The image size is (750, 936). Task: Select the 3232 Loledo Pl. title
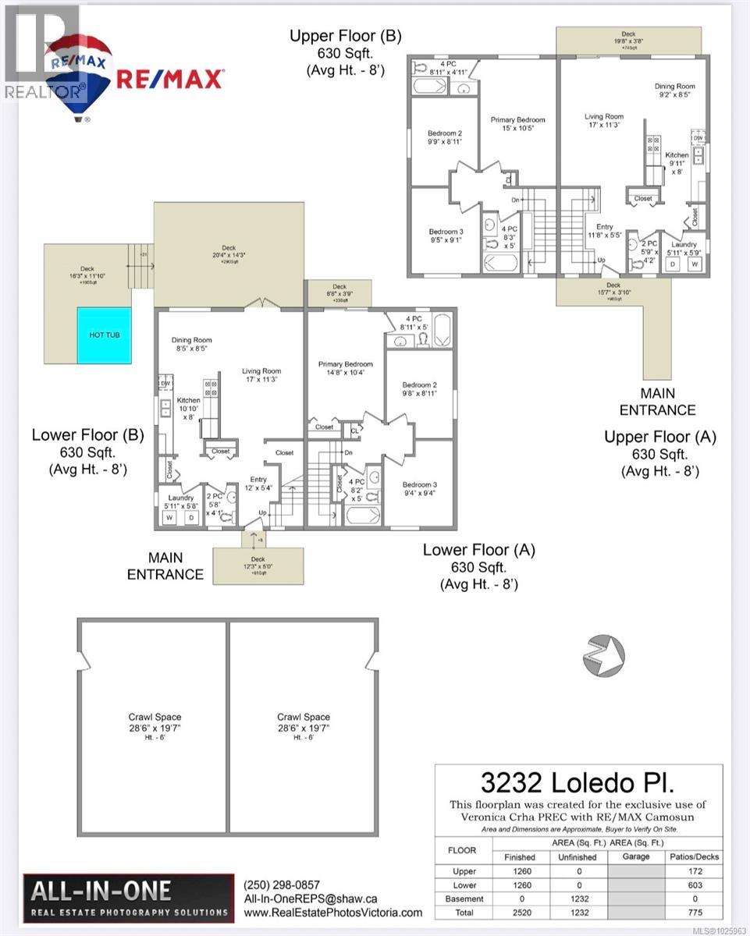(x=578, y=782)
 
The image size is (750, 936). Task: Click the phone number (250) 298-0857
(x=282, y=885)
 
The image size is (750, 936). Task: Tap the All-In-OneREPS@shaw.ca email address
(x=311, y=899)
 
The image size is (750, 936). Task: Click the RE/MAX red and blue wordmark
(x=170, y=79)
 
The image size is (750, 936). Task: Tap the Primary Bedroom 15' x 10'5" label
(x=517, y=123)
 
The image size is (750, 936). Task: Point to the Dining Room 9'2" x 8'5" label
(x=674, y=90)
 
